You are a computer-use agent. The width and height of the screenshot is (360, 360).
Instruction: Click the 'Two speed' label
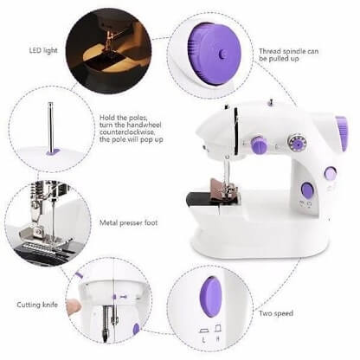[x=277, y=312]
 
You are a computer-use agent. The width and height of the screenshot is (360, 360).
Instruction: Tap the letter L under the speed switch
[x=201, y=331]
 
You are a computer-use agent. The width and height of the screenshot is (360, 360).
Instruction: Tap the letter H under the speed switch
[x=219, y=331]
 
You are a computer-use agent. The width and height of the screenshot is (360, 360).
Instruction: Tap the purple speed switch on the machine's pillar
[x=306, y=190]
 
